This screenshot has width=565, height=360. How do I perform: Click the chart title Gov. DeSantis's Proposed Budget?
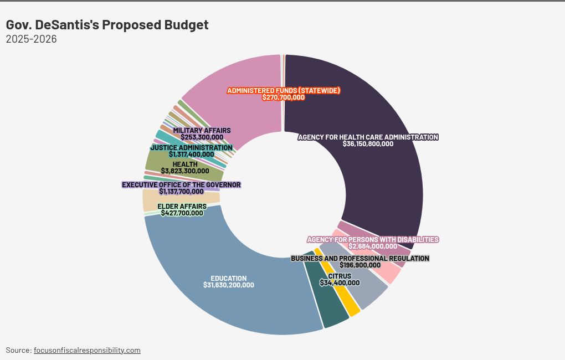coord(107,25)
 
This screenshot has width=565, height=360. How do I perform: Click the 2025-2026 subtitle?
coord(31,39)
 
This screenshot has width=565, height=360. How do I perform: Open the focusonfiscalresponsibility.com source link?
coord(87,350)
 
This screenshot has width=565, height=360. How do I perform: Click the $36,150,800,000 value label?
coord(368,144)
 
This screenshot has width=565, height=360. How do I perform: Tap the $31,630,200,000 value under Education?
coord(228,285)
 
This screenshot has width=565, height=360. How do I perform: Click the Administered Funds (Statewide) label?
coord(283,90)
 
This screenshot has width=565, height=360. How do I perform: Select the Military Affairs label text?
coord(202,131)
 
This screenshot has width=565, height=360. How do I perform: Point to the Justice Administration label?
coord(192,148)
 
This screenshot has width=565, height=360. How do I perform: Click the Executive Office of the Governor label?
coord(181,184)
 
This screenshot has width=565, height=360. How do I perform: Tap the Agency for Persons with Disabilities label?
coord(373,239)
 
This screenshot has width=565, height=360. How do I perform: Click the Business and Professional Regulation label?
coord(360,258)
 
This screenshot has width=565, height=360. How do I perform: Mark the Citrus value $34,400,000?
coord(340,282)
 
